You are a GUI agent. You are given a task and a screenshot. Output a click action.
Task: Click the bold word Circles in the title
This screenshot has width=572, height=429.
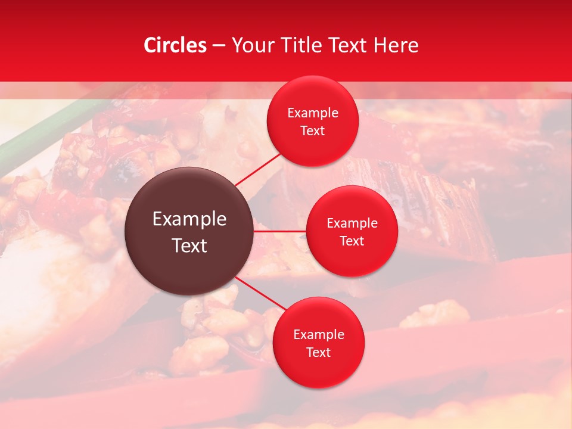[x=175, y=45]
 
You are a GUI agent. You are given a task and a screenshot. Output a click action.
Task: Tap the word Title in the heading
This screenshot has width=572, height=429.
[x=306, y=45]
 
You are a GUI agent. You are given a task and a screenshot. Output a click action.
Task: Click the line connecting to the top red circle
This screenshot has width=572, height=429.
[x=257, y=169]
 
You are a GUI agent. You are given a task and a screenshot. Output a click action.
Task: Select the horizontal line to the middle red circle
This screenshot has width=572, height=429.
[x=279, y=231]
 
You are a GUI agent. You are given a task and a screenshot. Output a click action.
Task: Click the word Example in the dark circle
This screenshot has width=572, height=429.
[x=189, y=219]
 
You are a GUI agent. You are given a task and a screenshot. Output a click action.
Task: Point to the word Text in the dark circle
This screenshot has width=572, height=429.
[x=189, y=245]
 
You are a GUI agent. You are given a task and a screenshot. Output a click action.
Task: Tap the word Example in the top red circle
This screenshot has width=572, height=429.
[x=313, y=113]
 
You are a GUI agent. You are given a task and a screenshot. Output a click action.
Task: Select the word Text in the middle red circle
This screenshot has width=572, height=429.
[x=352, y=241]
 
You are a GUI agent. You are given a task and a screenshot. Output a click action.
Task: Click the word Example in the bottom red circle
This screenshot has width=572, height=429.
[x=319, y=335]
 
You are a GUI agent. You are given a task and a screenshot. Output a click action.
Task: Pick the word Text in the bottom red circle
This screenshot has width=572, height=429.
[x=319, y=353]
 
